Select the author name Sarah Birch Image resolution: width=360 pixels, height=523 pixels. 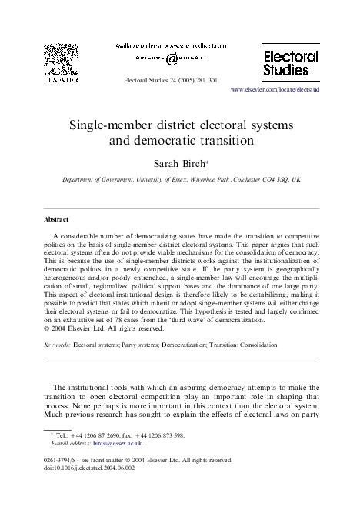(x=179, y=164)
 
